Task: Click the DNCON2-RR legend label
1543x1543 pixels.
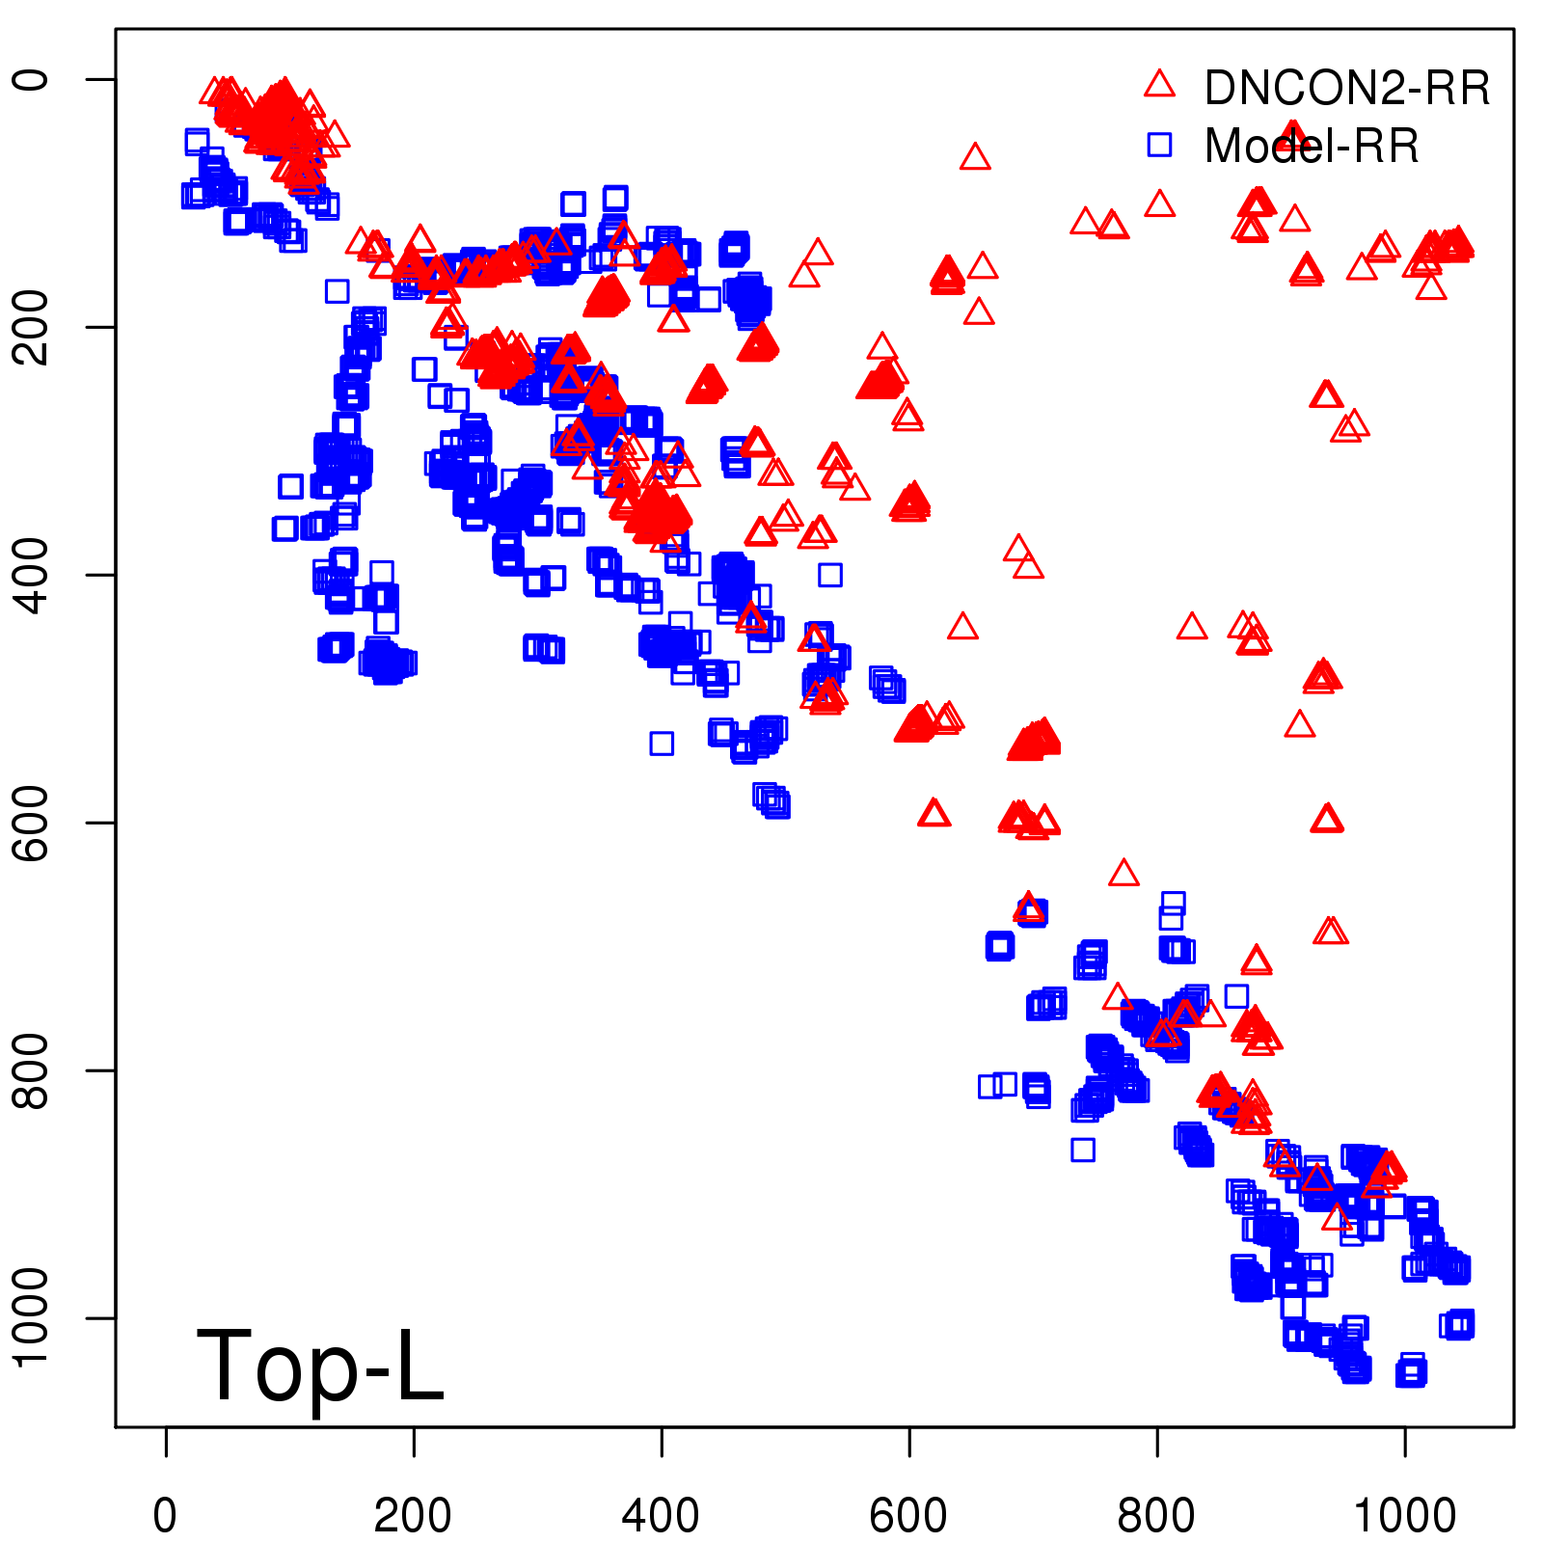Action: click(1347, 88)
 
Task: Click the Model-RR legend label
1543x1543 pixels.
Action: click(1312, 147)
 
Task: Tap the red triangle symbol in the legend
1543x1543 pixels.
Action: click(1159, 84)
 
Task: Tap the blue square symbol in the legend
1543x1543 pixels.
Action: click(1159, 145)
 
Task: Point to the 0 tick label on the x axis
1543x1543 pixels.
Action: click(166, 1516)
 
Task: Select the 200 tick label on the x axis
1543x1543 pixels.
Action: click(413, 1516)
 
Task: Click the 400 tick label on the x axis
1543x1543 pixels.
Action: click(661, 1516)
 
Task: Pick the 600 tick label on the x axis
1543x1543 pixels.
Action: click(908, 1516)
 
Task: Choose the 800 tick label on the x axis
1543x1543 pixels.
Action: click(1156, 1516)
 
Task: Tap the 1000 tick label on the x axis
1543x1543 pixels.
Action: click(1405, 1516)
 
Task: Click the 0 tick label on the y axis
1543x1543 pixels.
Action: click(31, 79)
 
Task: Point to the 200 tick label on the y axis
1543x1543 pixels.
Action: click(31, 327)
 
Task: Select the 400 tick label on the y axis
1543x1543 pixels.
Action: click(31, 575)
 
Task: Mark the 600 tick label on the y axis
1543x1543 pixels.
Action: click(31, 823)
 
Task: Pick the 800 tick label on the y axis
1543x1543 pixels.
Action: click(31, 1070)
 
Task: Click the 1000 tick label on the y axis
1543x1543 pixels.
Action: click(31, 1317)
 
